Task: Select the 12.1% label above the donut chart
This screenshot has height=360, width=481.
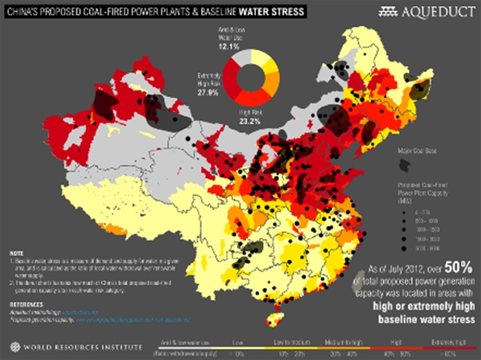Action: click(x=226, y=46)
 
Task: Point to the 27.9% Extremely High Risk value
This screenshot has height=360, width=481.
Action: click(x=208, y=93)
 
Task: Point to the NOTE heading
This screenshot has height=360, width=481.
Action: click(x=16, y=252)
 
